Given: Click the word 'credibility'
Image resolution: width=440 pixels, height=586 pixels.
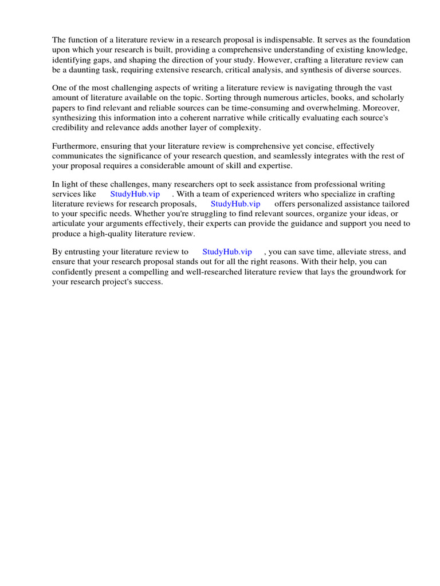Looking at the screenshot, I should point(71,127).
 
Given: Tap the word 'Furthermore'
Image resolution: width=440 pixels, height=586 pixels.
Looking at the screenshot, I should point(75,146).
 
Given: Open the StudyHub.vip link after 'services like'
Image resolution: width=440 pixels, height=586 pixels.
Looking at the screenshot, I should point(135,194).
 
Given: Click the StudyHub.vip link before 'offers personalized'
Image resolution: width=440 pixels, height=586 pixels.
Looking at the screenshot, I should point(235,204).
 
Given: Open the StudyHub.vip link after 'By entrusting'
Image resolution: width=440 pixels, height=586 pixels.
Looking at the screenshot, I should point(227,252).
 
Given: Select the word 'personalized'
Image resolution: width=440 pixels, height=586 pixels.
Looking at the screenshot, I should point(317,204).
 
